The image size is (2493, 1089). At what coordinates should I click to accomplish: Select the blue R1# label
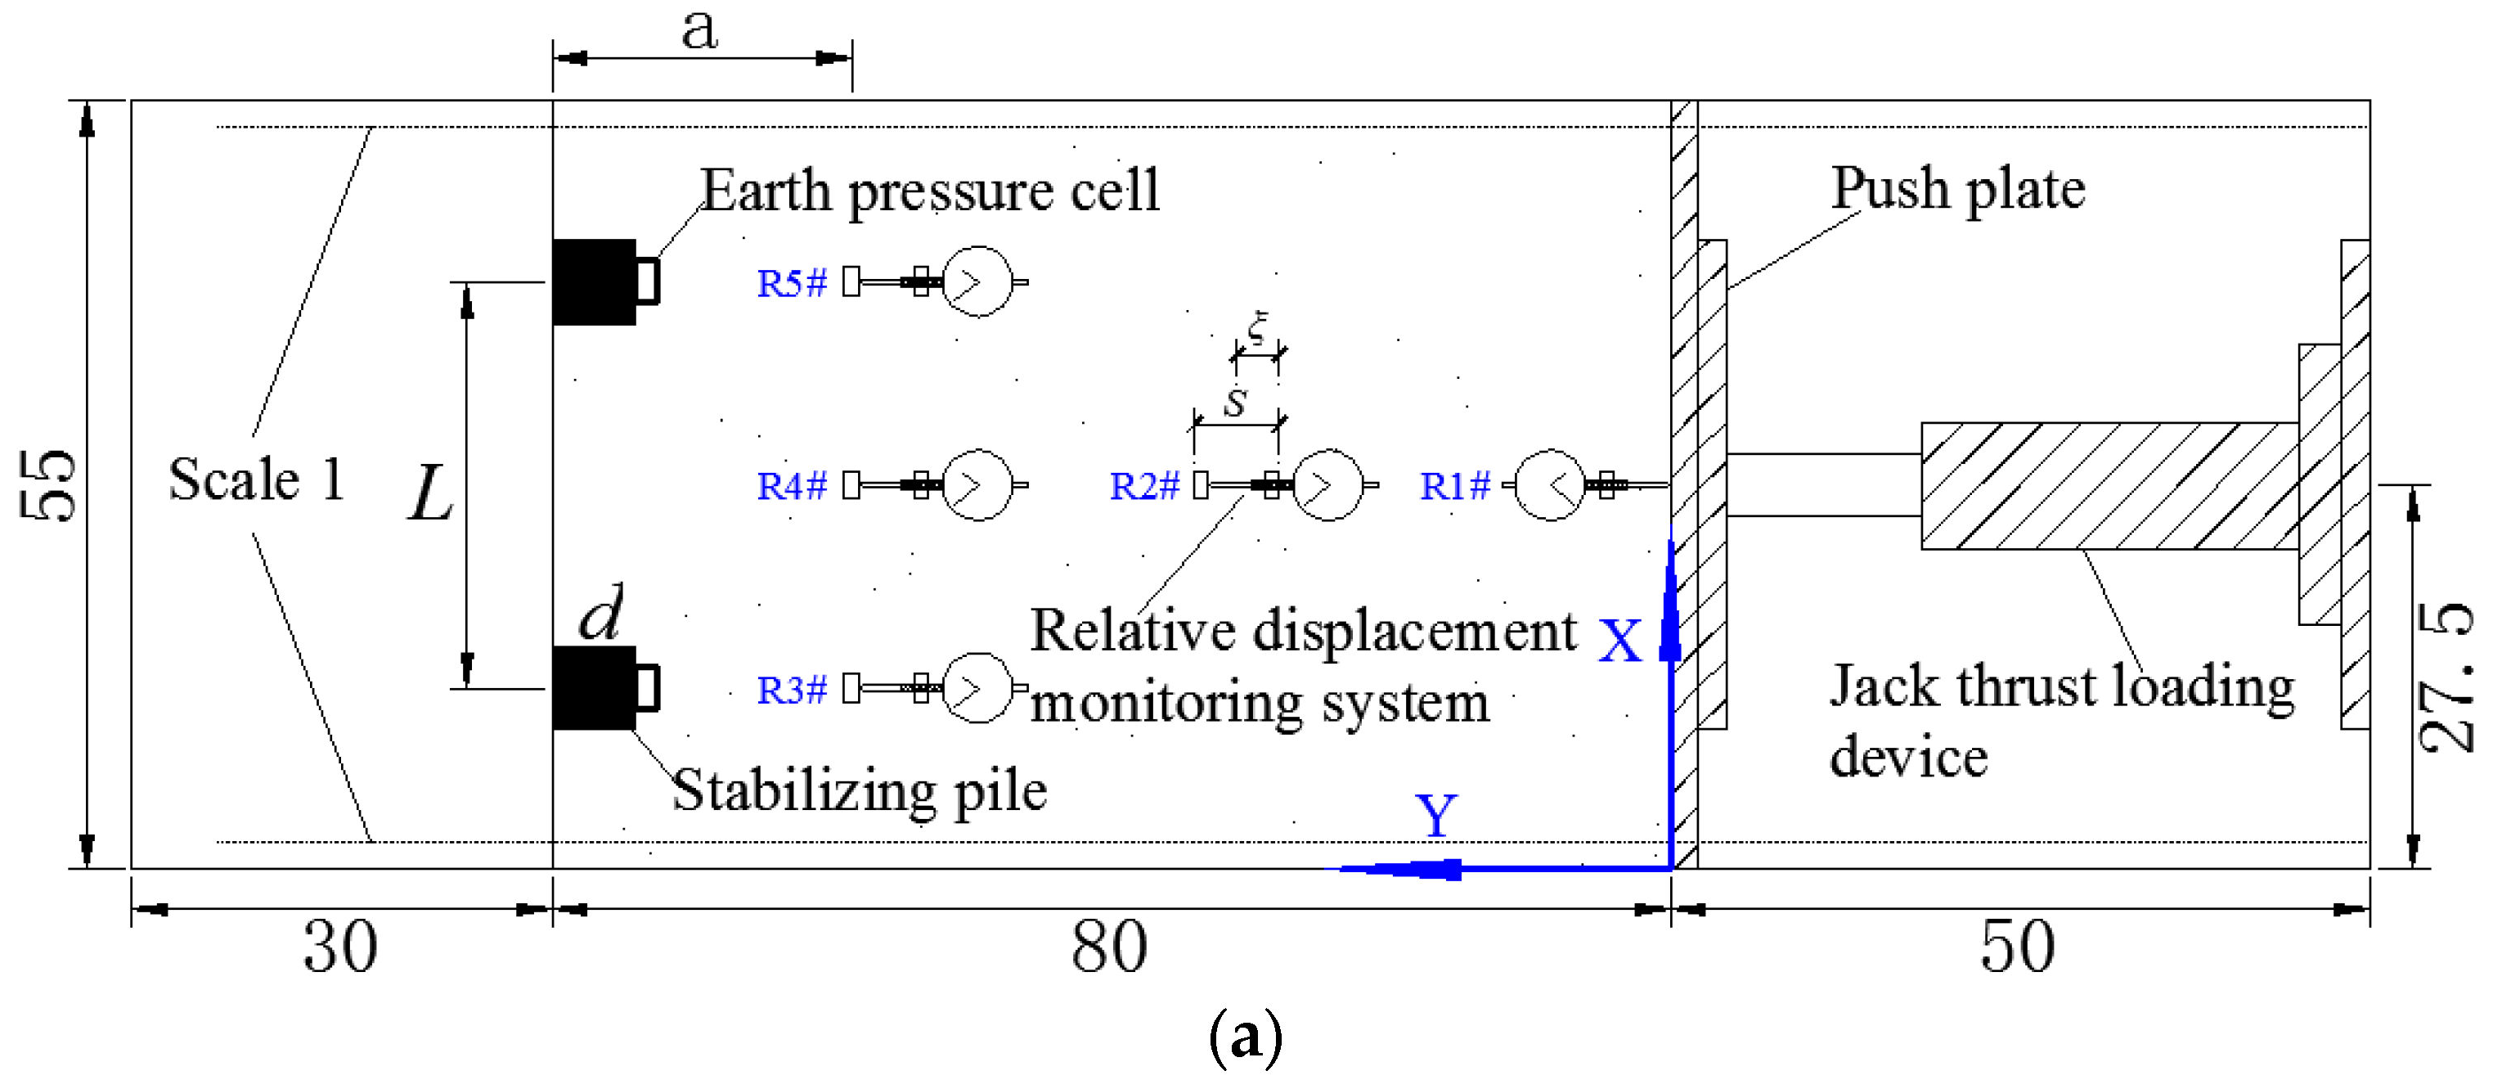1454,486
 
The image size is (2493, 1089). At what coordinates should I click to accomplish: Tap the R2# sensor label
1144,486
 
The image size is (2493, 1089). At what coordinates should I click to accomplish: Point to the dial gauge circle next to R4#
977,485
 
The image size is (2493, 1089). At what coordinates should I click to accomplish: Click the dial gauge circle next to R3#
977,688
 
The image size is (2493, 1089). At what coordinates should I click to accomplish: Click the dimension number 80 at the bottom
1109,947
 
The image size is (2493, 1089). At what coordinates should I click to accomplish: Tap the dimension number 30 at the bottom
339,947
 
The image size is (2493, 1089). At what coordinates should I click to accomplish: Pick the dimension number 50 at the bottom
2017,947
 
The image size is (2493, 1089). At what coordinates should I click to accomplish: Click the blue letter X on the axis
1620,641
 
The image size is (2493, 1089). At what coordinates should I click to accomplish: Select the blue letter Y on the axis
1436,815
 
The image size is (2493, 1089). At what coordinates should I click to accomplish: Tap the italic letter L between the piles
429,493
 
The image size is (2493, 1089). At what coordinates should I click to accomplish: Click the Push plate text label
1958,189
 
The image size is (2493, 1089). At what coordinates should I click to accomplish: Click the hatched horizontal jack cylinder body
2109,486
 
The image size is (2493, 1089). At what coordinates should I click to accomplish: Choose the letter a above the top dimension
698,29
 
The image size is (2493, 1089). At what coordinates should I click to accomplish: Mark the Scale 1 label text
257,480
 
